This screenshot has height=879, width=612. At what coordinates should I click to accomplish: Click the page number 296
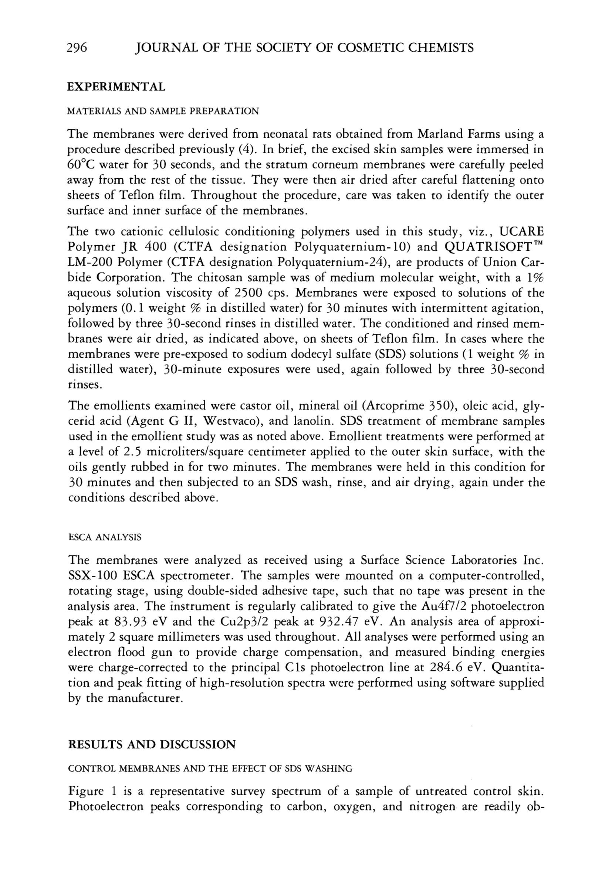(77, 48)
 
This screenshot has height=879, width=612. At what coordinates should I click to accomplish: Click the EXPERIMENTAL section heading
(116, 87)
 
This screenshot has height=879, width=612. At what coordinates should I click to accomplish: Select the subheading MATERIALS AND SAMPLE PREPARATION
(163, 112)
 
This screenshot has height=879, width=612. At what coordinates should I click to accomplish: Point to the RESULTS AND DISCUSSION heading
(152, 745)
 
